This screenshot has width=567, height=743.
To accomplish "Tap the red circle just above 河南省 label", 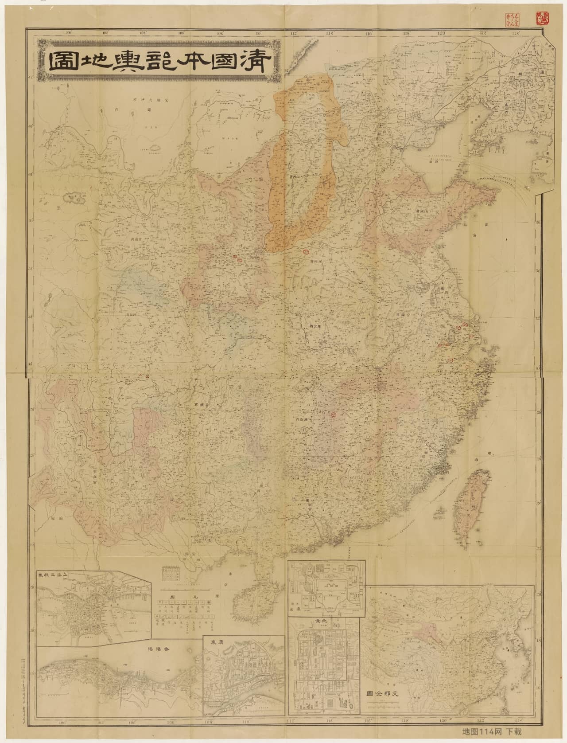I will [x=306, y=251].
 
